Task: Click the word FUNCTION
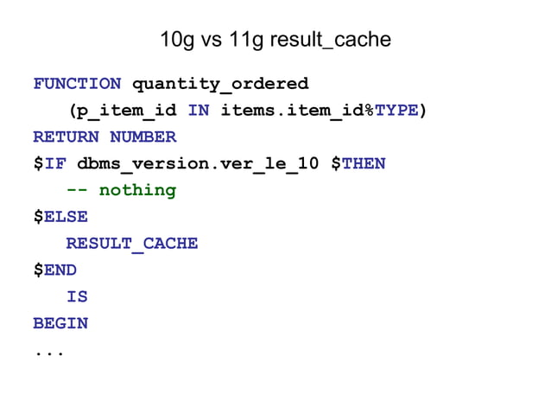77,84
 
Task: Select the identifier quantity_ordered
219,84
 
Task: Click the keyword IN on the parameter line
198,111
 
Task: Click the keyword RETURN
66,137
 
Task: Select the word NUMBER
142,137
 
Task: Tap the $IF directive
49,163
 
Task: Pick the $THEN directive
358,163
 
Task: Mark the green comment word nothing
137,190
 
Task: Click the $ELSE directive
60,217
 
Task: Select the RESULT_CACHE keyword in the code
132,244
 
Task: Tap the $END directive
54,270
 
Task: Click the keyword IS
77,297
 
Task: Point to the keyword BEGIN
60,324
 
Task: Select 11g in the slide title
246,40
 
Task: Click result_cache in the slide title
330,40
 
